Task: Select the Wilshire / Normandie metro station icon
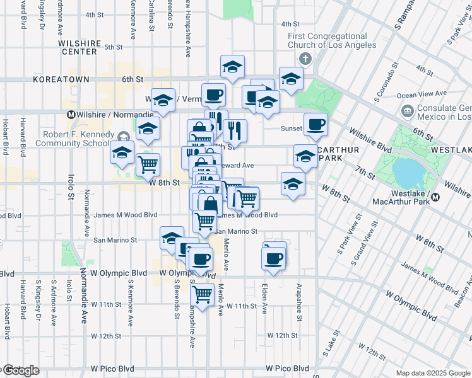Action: click(x=71, y=115)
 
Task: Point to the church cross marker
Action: click(x=305, y=59)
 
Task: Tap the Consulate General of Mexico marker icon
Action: click(x=407, y=112)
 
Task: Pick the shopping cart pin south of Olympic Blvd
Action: click(x=202, y=293)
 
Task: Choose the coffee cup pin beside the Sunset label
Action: click(x=316, y=124)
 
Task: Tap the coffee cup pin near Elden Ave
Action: click(x=273, y=258)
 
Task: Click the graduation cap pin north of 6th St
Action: click(x=233, y=67)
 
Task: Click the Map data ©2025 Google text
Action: click(x=433, y=372)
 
